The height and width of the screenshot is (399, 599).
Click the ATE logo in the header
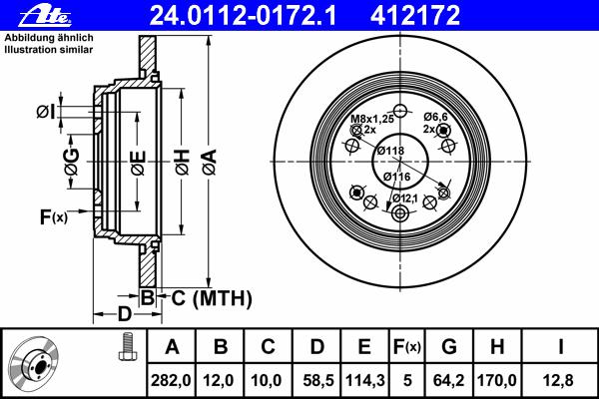tap(46, 16)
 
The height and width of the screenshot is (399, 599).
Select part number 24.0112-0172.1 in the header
tap(243, 16)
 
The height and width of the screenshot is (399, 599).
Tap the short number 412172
tap(415, 16)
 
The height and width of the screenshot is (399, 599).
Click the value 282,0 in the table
tap(171, 381)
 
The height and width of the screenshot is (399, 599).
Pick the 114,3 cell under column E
tap(364, 381)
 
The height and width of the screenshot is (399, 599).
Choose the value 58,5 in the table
tap(318, 381)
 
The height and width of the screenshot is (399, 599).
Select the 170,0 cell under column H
tap(496, 381)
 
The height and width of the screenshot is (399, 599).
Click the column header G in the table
tap(449, 347)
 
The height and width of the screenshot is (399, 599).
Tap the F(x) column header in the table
tap(407, 347)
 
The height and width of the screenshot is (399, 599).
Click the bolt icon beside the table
tap(127, 347)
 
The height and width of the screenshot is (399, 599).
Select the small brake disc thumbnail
tap(34, 363)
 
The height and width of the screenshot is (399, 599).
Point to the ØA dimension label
tap(210, 163)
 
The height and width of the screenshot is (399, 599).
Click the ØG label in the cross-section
tap(72, 162)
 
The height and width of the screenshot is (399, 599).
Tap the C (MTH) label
tap(212, 298)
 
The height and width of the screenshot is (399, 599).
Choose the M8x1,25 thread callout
tap(372, 119)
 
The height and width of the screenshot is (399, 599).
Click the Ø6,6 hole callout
tap(435, 117)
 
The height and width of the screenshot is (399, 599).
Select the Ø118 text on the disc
tap(390, 151)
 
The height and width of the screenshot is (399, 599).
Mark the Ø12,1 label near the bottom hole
tap(405, 199)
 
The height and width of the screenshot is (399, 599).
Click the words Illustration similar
tap(49, 50)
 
